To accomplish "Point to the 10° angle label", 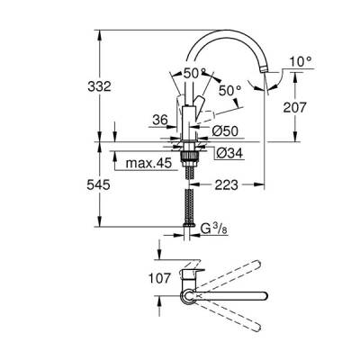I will [300, 63].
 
